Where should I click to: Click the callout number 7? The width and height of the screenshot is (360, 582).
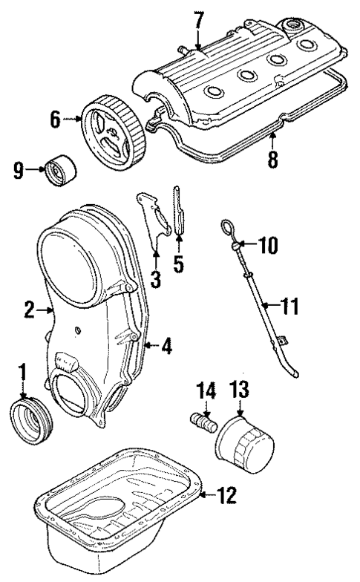[198, 19]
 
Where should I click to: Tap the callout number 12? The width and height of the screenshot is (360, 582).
[229, 493]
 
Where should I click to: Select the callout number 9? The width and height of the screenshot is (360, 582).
[19, 170]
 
